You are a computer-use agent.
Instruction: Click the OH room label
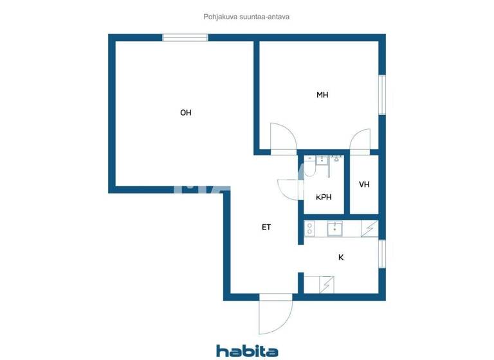pyautogui.click(x=186, y=113)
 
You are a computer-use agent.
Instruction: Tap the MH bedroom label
pyautogui.click(x=322, y=94)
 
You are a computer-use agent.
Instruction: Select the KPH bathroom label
pyautogui.click(x=324, y=197)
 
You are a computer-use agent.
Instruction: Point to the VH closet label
pyautogui.click(x=364, y=185)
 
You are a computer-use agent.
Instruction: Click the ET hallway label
pyautogui.click(x=266, y=227)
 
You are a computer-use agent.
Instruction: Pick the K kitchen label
pyautogui.click(x=341, y=257)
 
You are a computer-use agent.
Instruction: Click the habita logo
pyautogui.click(x=247, y=350)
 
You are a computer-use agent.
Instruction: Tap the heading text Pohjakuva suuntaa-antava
pyautogui.click(x=247, y=17)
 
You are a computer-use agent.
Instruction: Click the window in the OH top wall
pyautogui.click(x=186, y=37)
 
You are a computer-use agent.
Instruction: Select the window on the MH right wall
pyautogui.click(x=381, y=95)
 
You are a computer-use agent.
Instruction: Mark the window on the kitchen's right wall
pyautogui.click(x=381, y=254)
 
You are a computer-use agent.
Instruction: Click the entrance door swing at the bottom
pyautogui.click(x=274, y=316)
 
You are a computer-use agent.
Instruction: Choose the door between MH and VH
pyautogui.click(x=361, y=140)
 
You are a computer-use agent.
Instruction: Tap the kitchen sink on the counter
pyautogui.click(x=335, y=228)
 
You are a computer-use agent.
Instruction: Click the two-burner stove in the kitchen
pyautogui.click(x=309, y=228)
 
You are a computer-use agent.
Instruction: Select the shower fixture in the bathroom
pyautogui.click(x=335, y=158)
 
